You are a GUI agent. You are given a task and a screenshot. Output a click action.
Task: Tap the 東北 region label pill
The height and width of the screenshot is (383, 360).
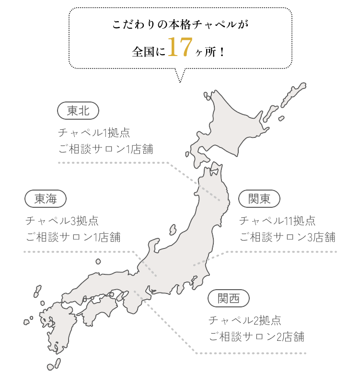pos(78,111)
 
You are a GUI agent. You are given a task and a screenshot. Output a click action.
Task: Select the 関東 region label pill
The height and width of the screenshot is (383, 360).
pos(259,199)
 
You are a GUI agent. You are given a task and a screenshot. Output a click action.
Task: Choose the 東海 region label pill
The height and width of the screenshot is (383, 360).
pos(46,199)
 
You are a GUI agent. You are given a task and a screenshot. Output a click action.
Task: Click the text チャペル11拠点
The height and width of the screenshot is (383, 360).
pos(277,221)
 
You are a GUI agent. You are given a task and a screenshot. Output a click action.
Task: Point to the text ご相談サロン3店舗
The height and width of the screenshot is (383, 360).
pos(287,237)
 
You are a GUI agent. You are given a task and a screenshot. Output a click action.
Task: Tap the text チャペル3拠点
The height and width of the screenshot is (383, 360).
pos(62,221)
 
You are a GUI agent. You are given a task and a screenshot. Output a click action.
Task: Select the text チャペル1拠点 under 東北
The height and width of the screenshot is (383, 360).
pos(94,133)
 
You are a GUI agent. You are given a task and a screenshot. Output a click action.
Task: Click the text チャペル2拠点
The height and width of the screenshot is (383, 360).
pos(244,320)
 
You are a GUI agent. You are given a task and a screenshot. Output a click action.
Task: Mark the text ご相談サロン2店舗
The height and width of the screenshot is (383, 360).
pos(256,337)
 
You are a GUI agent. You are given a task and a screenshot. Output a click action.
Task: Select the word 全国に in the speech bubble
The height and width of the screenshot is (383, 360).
pos(149,51)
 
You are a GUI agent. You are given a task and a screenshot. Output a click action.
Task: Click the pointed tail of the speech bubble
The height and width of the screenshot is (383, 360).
pos(180,77)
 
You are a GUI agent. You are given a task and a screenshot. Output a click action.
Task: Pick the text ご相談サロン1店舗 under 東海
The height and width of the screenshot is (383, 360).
pos(72,237)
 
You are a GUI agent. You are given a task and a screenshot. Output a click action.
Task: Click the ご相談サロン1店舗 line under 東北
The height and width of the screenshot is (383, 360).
pos(105,149)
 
